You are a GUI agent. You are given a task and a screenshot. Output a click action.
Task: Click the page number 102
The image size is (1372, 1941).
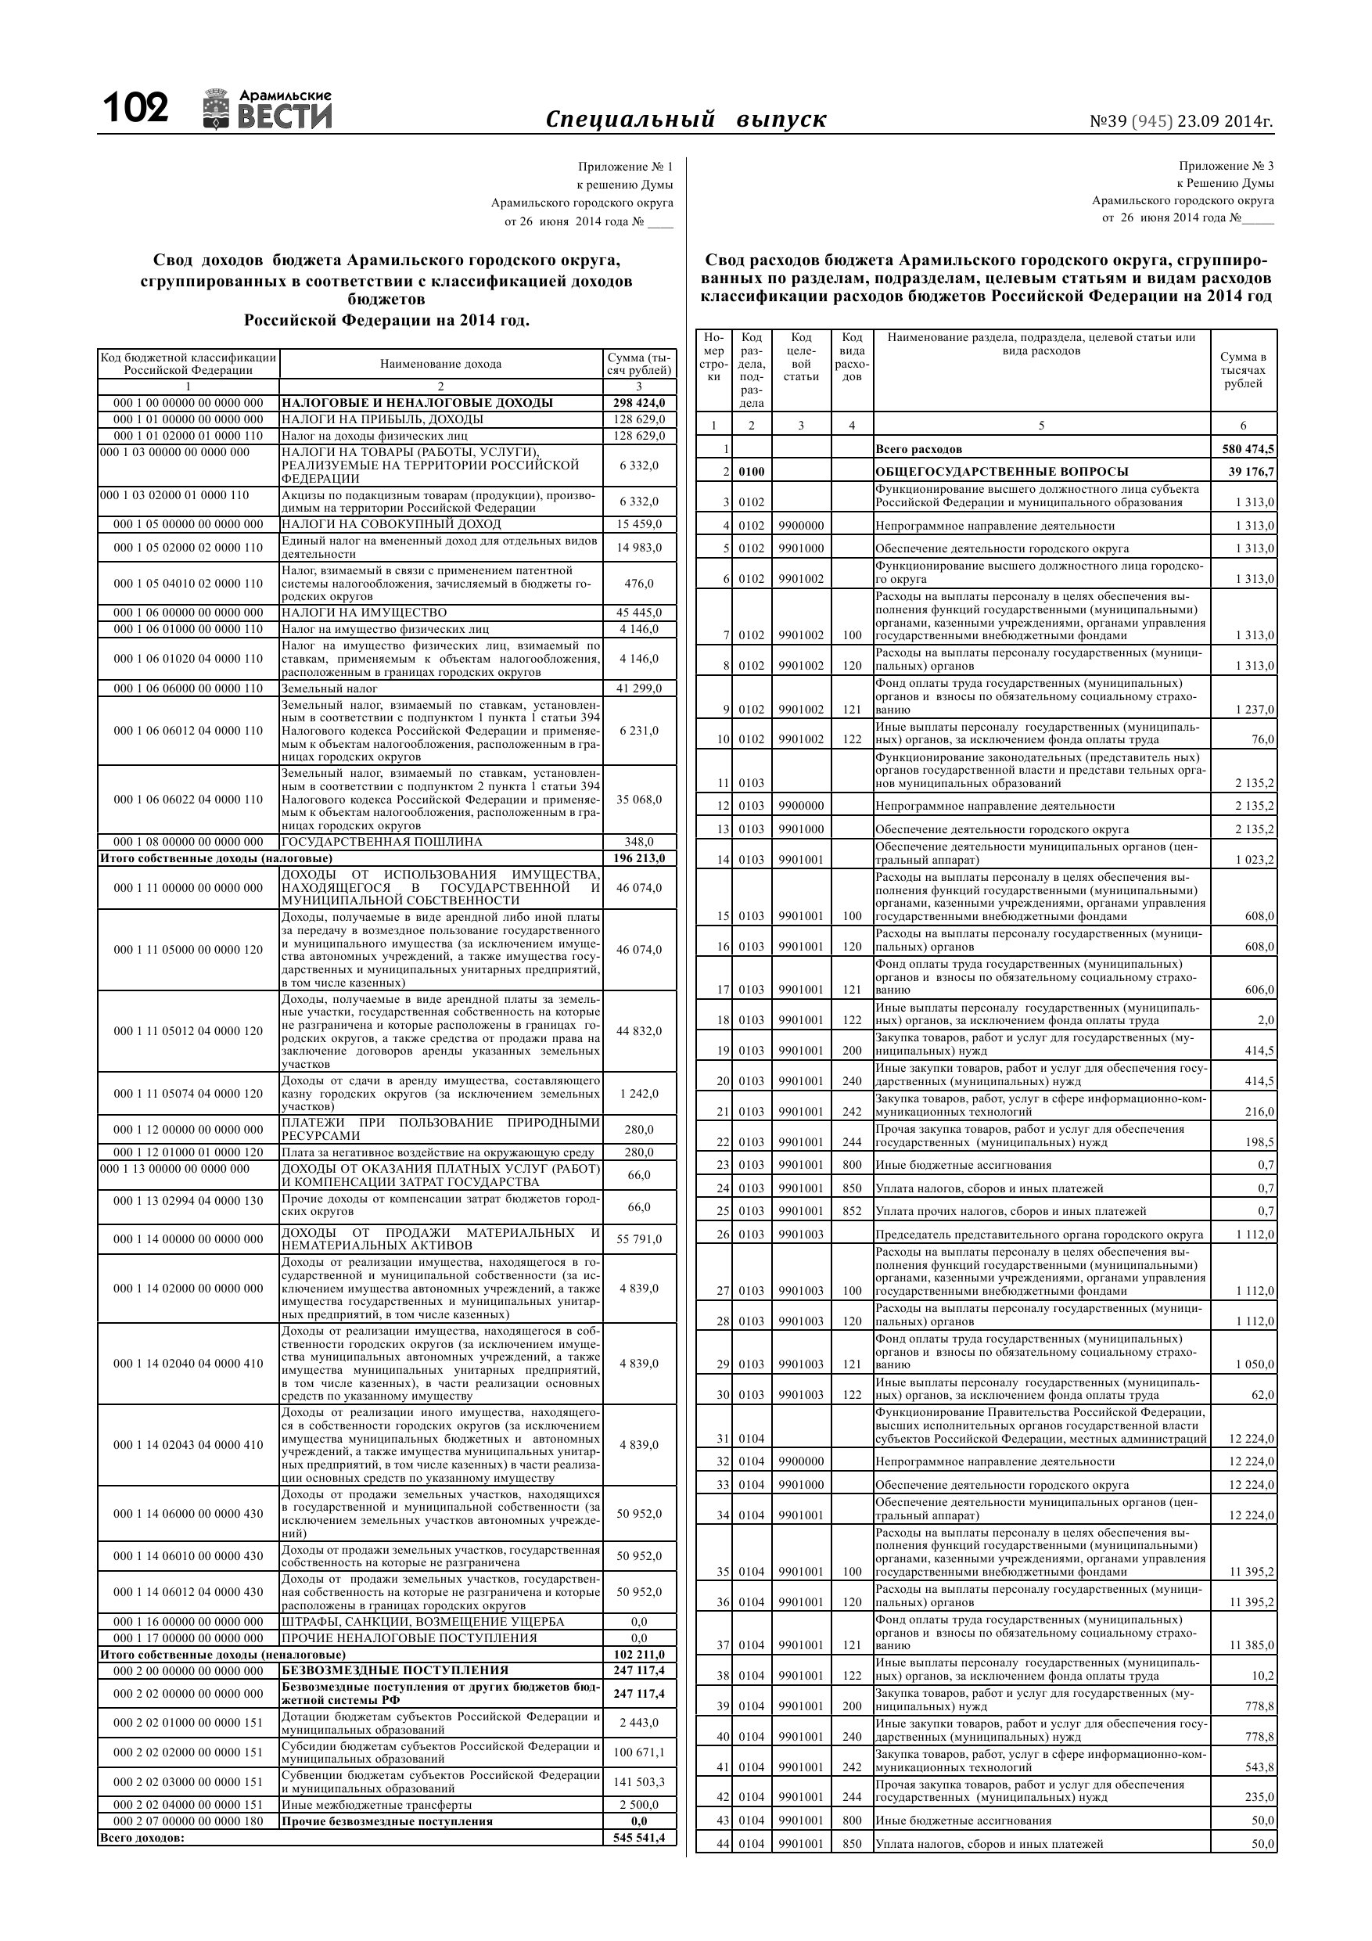pyautogui.click(x=135, y=109)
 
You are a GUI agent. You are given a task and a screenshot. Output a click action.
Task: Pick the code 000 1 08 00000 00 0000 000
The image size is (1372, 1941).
pyautogui.click(x=189, y=842)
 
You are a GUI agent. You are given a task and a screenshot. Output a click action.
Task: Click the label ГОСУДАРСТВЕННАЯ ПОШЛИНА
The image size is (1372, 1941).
pyautogui.click(x=381, y=842)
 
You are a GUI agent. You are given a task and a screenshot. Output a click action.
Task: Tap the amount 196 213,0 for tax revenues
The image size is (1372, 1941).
pyautogui.click(x=639, y=858)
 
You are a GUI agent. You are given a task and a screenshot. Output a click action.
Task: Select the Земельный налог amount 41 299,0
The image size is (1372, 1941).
pyautogui.click(x=639, y=688)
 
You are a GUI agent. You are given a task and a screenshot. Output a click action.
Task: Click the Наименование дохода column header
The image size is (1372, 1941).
pyautogui.click(x=440, y=365)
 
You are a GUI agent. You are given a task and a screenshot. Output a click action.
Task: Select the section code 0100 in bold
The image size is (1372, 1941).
pyautogui.click(x=751, y=472)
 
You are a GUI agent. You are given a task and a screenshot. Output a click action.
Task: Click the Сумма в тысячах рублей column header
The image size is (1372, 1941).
pyautogui.click(x=1243, y=370)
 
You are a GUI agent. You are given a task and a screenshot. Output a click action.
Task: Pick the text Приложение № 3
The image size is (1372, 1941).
pyautogui.click(x=1226, y=166)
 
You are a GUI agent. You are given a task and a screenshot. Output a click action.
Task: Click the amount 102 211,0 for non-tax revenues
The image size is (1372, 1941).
pyautogui.click(x=639, y=1655)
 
